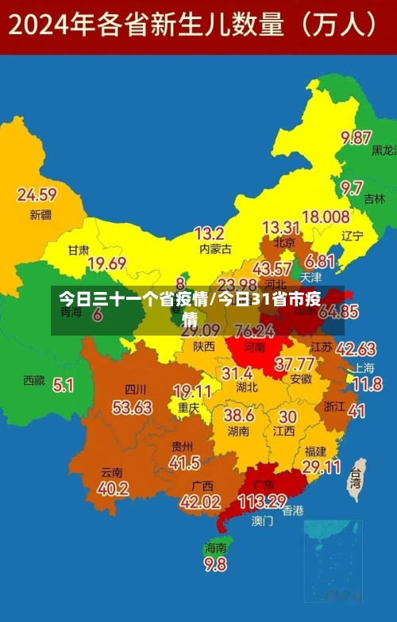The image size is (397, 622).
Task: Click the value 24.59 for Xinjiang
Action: (37, 194)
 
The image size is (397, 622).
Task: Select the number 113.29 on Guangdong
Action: (262, 501)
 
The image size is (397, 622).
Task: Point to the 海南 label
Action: (215, 547)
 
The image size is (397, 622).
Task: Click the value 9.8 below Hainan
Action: (215, 565)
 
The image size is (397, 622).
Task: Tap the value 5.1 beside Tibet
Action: (64, 385)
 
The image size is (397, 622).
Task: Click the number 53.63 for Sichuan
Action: (132, 407)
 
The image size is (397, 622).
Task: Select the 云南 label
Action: (112, 471)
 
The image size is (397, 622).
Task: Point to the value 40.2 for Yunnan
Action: (113, 489)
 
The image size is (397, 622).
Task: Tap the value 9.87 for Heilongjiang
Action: (357, 137)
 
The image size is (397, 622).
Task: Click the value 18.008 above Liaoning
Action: (326, 217)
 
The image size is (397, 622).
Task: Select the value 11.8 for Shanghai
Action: (367, 385)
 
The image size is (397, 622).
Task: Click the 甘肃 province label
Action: (78, 249)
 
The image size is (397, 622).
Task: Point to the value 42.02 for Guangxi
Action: (200, 501)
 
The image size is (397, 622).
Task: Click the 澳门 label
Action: (262, 521)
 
